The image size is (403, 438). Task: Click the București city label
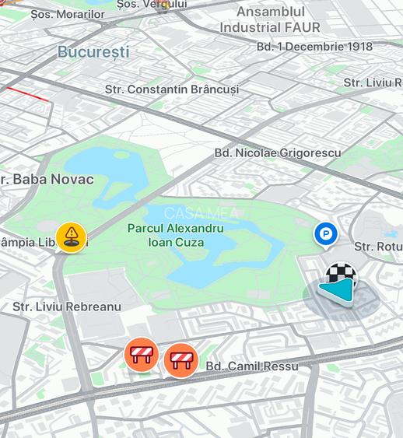pos(93,52)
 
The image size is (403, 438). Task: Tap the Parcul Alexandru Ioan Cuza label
pos(176,235)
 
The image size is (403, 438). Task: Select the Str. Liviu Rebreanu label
pos(67,307)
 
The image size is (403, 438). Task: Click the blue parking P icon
pos(325,233)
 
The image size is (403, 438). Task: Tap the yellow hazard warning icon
pos(72,236)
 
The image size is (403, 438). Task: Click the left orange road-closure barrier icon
pos(142,355)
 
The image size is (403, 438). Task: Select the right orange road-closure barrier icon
pos(181,360)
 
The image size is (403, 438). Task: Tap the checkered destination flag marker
pos(340,275)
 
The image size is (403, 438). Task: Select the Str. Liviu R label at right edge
pos(372,82)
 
